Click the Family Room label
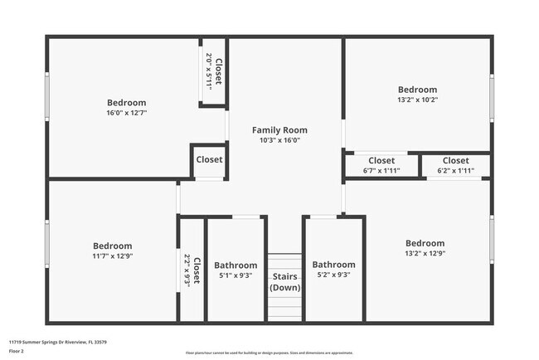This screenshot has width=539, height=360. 279,129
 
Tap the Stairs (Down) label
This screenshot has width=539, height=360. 285,282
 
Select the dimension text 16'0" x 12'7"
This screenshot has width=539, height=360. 126,113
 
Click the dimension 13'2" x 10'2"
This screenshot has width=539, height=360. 416,100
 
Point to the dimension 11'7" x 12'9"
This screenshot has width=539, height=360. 112,256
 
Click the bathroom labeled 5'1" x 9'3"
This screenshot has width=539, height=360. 236,270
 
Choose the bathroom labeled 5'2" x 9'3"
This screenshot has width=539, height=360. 333,270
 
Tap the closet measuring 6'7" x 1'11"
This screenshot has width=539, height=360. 381,165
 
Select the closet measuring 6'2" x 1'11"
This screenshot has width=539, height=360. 455,165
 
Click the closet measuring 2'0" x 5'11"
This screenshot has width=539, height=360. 213,71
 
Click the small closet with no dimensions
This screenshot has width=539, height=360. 209,160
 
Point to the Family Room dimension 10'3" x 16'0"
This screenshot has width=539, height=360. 279,140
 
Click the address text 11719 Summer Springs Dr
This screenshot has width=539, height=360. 58,341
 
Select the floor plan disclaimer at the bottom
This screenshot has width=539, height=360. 269,353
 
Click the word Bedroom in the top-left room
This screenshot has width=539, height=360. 126,102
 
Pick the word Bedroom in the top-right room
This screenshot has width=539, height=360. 416,90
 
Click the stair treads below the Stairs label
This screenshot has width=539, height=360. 285,308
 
